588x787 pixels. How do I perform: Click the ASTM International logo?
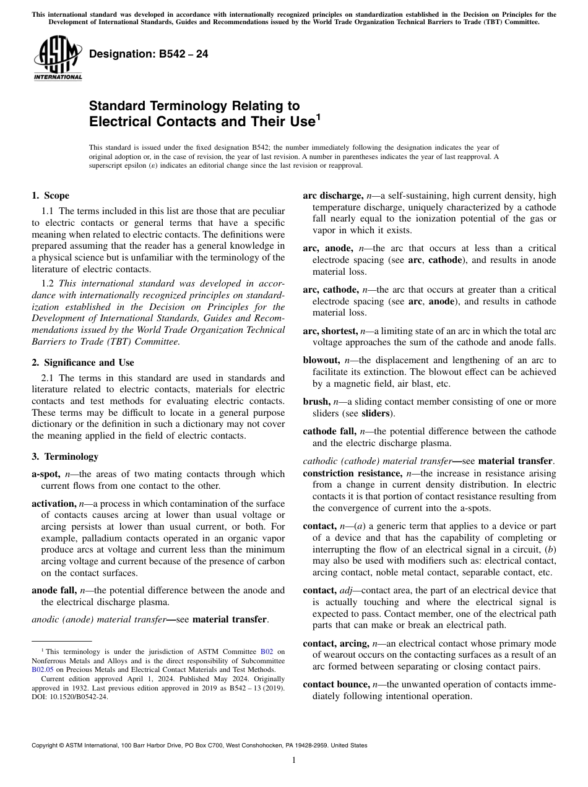pos(57,59)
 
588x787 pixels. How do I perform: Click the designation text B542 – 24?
pos(149,54)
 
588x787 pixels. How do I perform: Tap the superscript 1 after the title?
pos(318,116)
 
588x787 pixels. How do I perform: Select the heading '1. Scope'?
pos(50,196)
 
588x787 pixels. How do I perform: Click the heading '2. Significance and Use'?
pos(82,363)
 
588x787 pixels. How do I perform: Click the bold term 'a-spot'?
pos(46,474)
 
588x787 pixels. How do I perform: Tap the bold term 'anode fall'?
pos(54,590)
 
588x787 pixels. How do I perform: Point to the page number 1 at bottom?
pos(293,760)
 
